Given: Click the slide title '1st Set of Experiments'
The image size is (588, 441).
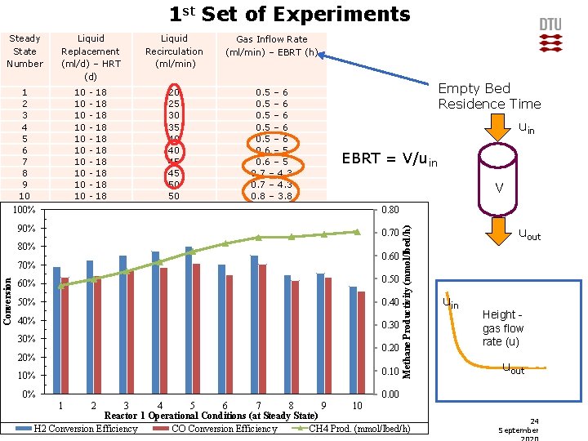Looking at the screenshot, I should pos(289,14).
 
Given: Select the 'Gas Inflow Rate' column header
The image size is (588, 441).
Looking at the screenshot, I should pos(271,47).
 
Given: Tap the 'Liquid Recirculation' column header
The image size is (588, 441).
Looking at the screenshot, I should pos(174,51).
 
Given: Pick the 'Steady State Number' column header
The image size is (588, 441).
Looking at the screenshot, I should pos(24,51).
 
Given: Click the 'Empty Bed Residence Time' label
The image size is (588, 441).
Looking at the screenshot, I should pos(489,96).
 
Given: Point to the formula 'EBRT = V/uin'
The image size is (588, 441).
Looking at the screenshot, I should pos(389,159).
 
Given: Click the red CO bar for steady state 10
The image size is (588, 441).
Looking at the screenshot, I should pos(361,342).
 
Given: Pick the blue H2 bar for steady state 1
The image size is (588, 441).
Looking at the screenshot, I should pos(56,331).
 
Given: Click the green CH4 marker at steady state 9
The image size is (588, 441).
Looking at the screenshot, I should pos(323,234).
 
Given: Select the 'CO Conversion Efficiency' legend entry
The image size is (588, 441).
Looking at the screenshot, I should pos(224,429).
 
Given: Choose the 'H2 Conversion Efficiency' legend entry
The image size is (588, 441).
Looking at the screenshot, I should pos(85,429).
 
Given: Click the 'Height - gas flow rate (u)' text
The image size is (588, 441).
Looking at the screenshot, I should pos(502,327).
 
